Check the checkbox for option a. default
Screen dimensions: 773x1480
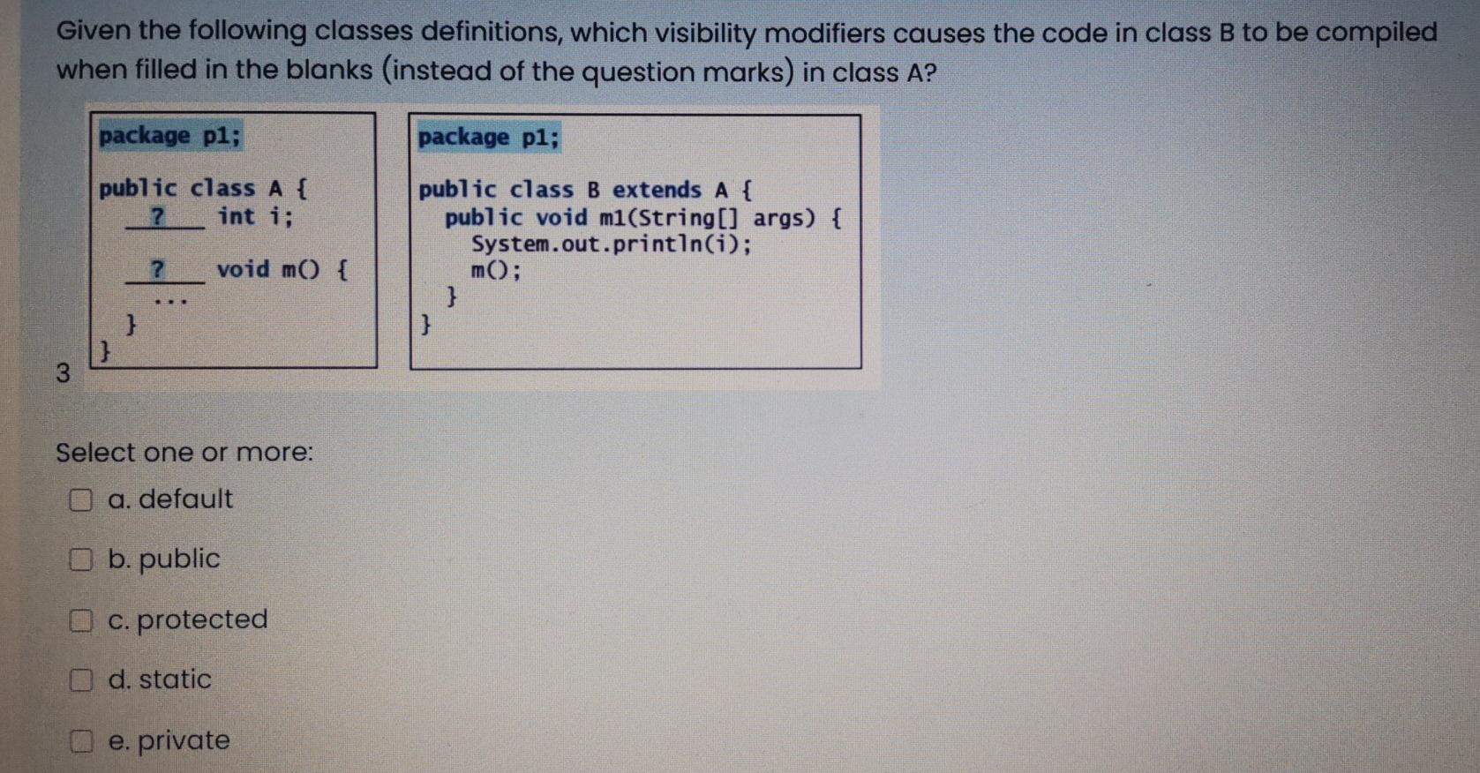click(80, 500)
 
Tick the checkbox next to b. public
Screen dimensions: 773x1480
click(80, 559)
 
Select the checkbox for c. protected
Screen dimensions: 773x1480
click(80, 620)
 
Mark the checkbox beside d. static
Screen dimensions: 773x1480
click(80, 679)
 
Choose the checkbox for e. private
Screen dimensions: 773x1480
click(80, 741)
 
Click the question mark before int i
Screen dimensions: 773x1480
click(158, 216)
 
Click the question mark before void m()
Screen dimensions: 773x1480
click(158, 269)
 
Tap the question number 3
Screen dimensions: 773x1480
click(62, 373)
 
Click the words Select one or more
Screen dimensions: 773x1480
click(184, 453)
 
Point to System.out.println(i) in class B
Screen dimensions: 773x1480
click(612, 244)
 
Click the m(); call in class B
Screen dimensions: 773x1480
click(495, 271)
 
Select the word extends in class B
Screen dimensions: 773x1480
click(657, 190)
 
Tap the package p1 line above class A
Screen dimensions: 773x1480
click(169, 136)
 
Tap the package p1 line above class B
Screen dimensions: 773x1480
click(488, 138)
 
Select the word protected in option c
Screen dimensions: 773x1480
click(202, 619)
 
